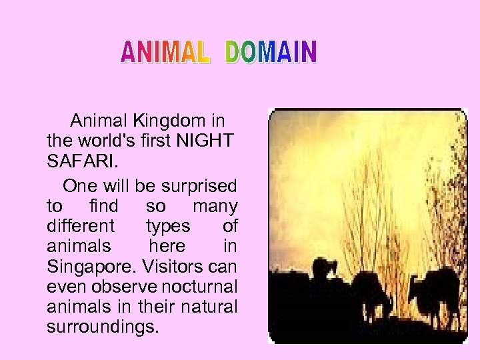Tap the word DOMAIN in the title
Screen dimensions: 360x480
click(271, 52)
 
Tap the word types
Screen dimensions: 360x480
click(167, 225)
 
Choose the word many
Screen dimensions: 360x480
click(215, 205)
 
